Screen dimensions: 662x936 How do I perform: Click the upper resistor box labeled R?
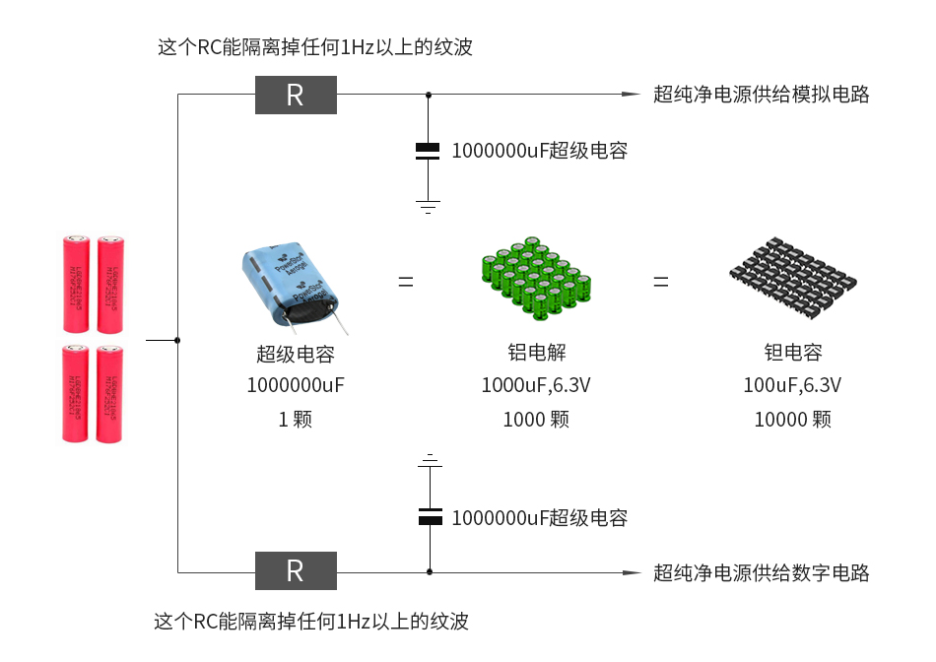pyautogui.click(x=296, y=96)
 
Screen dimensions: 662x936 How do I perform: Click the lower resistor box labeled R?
pyautogui.click(x=296, y=570)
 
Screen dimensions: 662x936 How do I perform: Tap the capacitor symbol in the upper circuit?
pyautogui.click(x=428, y=151)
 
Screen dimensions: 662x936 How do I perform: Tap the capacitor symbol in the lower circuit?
pyautogui.click(x=429, y=516)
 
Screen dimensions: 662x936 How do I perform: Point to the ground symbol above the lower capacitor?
pyautogui.click(x=429, y=460)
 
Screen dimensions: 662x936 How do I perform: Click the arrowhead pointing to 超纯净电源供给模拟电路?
pyautogui.click(x=632, y=96)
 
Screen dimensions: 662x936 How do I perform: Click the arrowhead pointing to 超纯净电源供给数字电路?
pyautogui.click(x=632, y=571)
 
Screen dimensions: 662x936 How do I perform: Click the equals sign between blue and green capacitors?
pyautogui.click(x=406, y=282)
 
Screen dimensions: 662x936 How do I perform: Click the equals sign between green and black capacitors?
pyautogui.click(x=660, y=282)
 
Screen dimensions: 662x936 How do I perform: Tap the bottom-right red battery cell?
pyautogui.click(x=109, y=394)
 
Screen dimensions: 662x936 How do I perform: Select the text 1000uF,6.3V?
pyautogui.click(x=535, y=385)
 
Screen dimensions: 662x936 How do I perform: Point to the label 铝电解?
pyautogui.click(x=535, y=353)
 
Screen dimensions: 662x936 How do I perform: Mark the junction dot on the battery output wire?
pyautogui.click(x=177, y=340)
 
